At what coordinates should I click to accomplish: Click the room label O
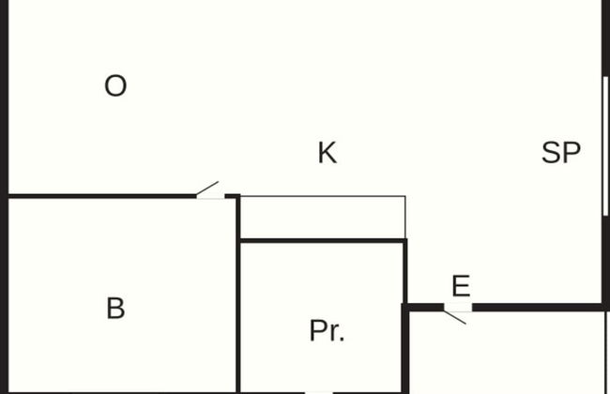point(115,86)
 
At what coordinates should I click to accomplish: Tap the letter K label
point(328,153)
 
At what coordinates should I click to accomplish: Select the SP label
point(561,153)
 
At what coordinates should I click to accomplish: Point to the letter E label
point(461,286)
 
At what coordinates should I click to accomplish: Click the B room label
point(115,308)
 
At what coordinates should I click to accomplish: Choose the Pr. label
point(327,330)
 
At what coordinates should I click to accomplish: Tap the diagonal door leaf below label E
point(455,317)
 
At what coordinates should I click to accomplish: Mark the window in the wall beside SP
point(605,145)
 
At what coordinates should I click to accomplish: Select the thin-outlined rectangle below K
point(323,217)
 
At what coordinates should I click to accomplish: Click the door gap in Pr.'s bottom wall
point(319,392)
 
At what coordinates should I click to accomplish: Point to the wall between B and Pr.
point(238,295)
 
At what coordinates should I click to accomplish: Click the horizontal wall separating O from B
point(102,196)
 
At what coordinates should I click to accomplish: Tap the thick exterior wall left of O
point(4,197)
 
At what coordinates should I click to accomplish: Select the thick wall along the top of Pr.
point(323,241)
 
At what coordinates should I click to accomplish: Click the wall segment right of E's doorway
point(538,308)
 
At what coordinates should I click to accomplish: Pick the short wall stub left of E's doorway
point(423,308)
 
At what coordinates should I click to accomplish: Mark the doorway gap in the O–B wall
point(210,197)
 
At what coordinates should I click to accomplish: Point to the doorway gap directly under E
point(458,308)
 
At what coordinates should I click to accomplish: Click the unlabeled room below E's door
point(507,353)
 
